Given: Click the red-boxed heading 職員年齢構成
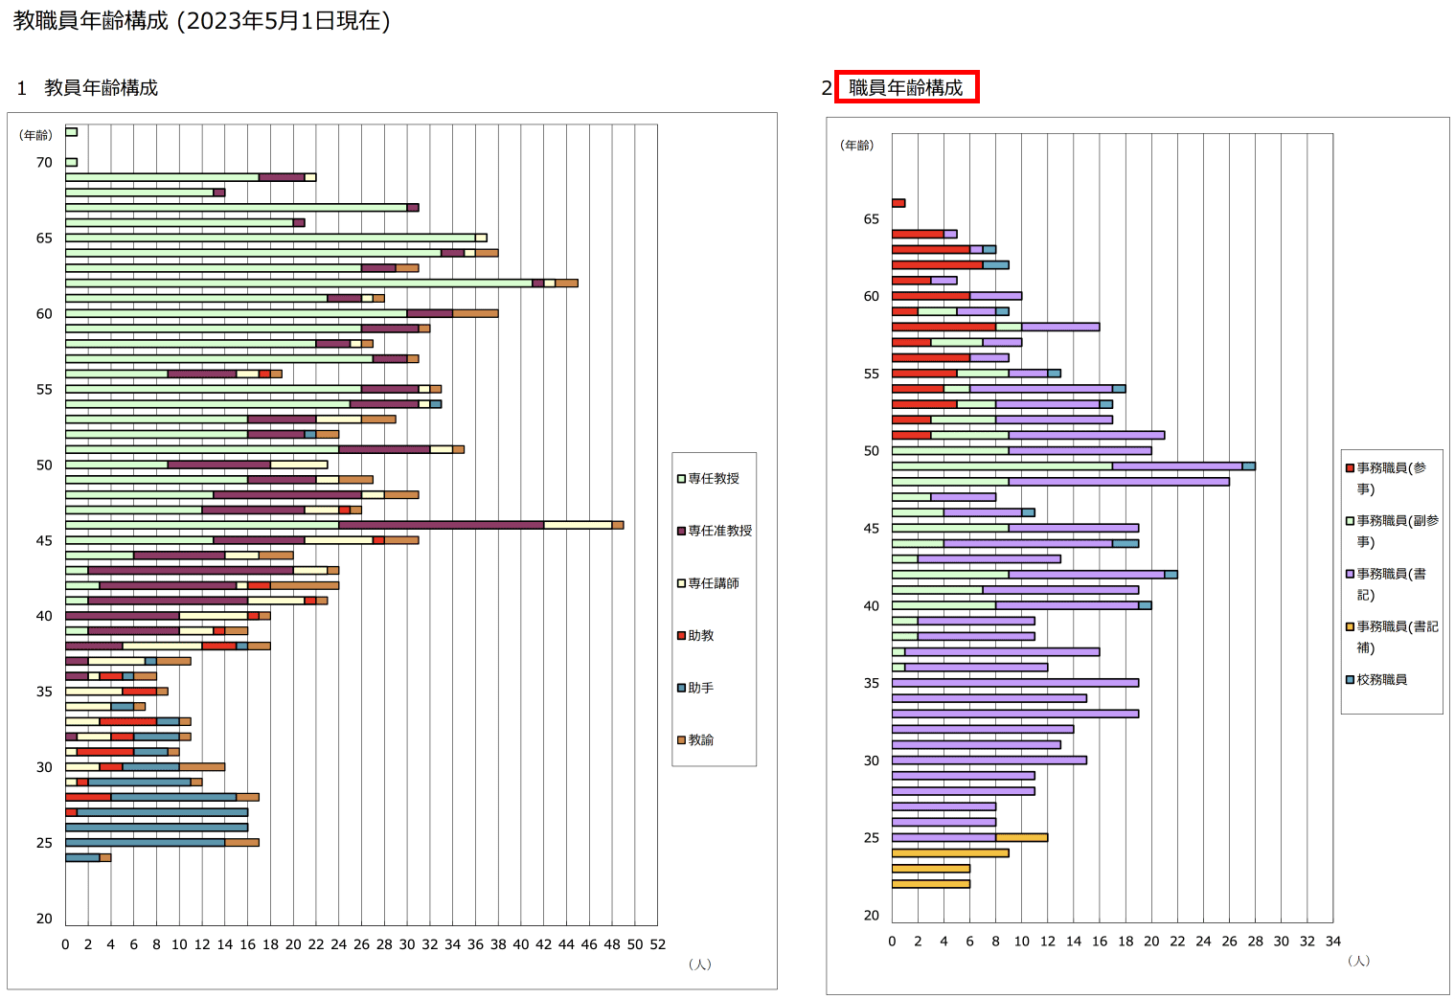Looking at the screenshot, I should tap(905, 87).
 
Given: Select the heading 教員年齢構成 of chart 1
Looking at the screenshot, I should tap(101, 87).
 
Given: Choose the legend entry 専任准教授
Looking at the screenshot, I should tap(719, 531).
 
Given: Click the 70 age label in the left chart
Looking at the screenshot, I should tap(44, 163).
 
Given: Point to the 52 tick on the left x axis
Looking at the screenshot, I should tap(657, 944).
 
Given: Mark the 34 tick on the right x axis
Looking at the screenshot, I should tap(1332, 942).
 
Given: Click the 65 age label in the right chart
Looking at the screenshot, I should tap(871, 219).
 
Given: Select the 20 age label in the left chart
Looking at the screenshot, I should tap(44, 919).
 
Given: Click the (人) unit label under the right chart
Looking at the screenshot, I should tap(1358, 961).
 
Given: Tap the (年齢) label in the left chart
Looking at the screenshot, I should tap(36, 135).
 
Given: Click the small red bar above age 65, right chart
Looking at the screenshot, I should tap(898, 203).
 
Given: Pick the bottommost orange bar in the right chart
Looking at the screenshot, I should tap(930, 884).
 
